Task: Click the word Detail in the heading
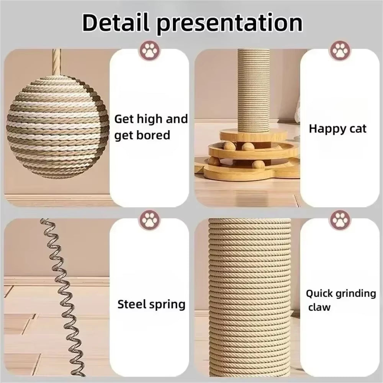117,23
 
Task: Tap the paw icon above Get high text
150,51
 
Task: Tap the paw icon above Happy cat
339,51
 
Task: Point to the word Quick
319,294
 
